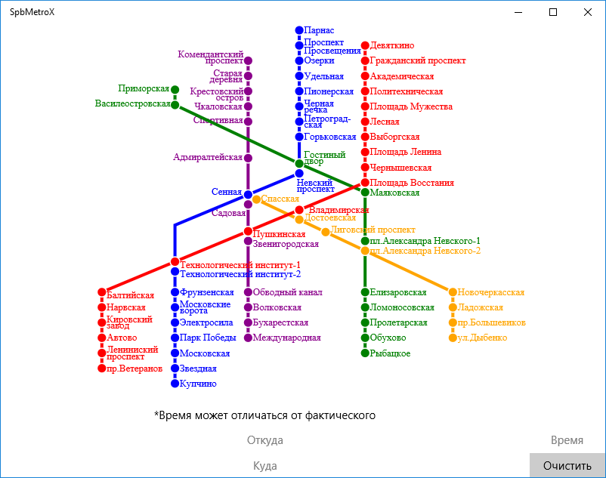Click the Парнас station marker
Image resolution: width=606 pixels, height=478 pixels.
click(299, 30)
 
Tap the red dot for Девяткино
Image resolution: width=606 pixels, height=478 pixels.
click(365, 45)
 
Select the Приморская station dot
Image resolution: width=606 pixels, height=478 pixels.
click(175, 90)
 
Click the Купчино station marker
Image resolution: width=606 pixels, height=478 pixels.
click(175, 384)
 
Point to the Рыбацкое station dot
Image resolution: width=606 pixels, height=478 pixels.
click(365, 353)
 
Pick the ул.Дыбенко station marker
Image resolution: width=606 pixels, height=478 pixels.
click(453, 338)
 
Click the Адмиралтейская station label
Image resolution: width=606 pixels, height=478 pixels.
click(208, 157)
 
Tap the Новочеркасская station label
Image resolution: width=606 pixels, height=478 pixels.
click(491, 292)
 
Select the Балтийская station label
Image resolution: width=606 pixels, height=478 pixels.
click(130, 295)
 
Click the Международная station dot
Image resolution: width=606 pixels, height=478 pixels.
click(248, 338)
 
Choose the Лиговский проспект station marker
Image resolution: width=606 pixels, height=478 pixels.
click(326, 232)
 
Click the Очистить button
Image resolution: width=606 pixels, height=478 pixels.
click(567, 465)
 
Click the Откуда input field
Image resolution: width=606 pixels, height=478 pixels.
click(265, 440)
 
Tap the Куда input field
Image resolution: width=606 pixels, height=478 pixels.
click(265, 466)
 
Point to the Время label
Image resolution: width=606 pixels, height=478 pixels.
click(567, 440)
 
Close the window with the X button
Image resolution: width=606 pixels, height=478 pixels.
click(588, 12)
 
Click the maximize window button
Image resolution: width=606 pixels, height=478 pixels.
click(553, 12)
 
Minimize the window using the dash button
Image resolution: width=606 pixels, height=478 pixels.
click(518, 12)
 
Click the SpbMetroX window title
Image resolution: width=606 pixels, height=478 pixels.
click(32, 12)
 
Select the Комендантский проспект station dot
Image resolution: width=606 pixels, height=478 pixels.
click(248, 60)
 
